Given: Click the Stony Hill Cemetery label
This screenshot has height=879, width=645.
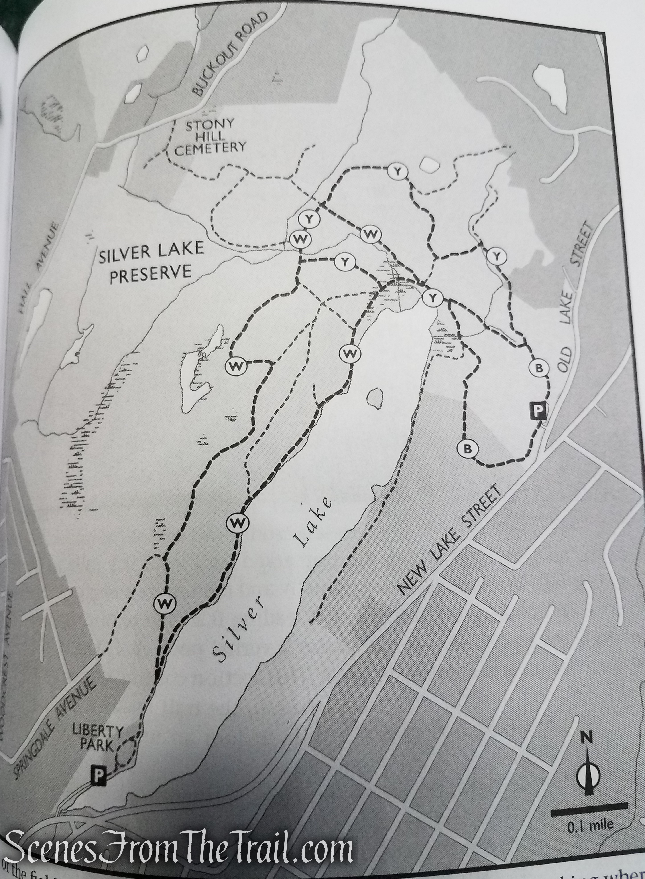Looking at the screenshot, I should (210, 137).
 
